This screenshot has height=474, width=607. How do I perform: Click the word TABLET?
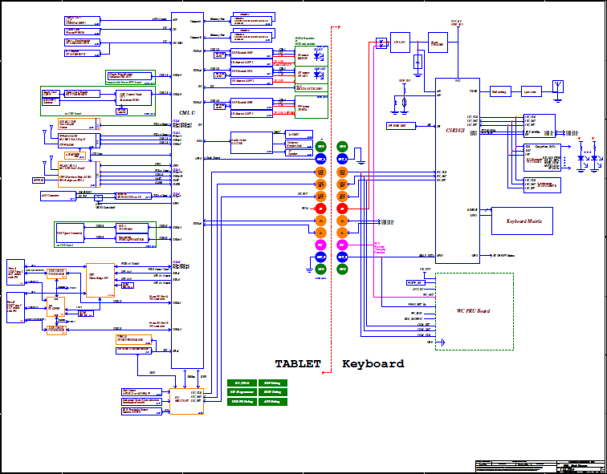pos(298,364)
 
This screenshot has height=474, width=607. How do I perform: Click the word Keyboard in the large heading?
pos(373,364)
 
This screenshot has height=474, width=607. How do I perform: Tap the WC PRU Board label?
pos(474,311)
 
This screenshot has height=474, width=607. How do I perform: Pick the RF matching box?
pos(499,91)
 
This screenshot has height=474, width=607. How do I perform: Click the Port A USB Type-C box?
pos(15,273)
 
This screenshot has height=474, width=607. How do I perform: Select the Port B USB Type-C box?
pos(15,307)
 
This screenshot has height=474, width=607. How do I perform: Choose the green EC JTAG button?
pos(242,383)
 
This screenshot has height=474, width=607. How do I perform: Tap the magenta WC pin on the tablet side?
pos(320,244)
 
